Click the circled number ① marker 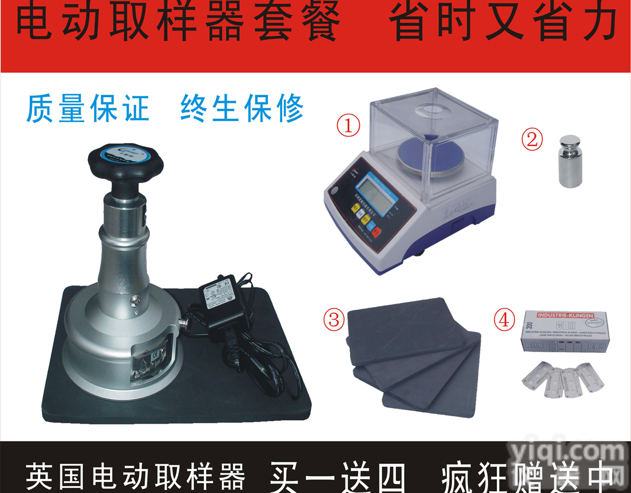pyautogui.click(x=349, y=126)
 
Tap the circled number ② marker pyautogui.click(x=532, y=139)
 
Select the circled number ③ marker pyautogui.click(x=333, y=319)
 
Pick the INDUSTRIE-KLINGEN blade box pyautogui.click(x=565, y=331)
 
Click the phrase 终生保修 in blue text pyautogui.click(x=242, y=108)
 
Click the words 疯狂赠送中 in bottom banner pyautogui.click(x=528, y=476)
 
